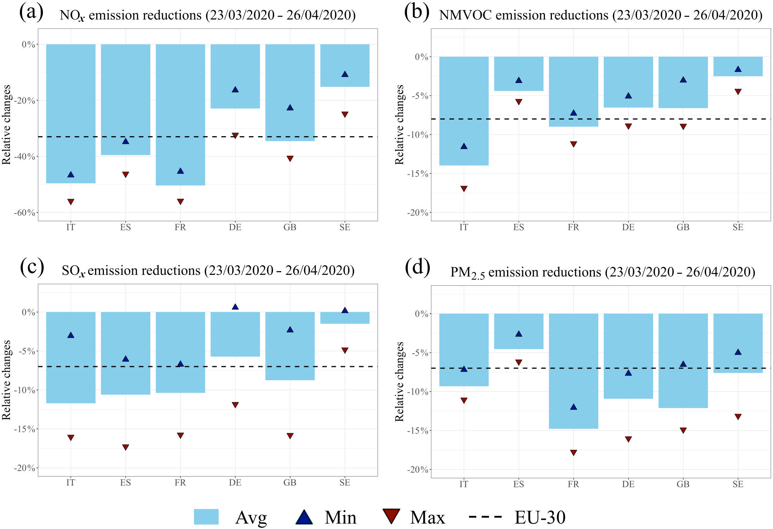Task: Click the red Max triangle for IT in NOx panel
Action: (71, 202)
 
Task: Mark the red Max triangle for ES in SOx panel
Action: (126, 447)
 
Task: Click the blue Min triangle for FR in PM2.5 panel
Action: (573, 407)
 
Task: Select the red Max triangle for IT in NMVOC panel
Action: (464, 189)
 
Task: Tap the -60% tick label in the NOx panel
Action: (25, 213)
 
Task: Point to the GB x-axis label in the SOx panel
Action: (290, 483)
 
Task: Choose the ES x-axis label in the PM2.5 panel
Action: (519, 484)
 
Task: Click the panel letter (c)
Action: (32, 267)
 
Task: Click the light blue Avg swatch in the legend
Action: (206, 517)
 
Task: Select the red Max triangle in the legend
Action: (391, 516)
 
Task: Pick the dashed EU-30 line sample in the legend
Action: (485, 517)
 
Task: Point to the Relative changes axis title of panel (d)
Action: (399, 381)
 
